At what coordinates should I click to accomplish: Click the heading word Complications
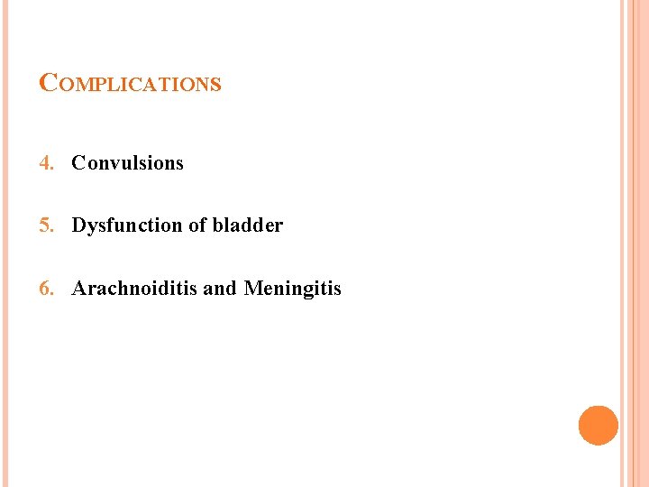[131, 84]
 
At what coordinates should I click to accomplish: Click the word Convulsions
[127, 163]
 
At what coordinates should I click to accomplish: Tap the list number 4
[45, 163]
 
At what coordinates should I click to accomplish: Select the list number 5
[45, 225]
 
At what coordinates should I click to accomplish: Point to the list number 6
[45, 289]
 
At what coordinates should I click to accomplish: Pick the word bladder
[247, 225]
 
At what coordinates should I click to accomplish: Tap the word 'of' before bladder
[197, 225]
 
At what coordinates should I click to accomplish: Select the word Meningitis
[293, 289]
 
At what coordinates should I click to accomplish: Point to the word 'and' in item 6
[220, 289]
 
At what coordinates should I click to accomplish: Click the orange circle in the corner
[599, 426]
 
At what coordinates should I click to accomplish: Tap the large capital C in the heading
[49, 83]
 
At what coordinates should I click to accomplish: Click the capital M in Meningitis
[252, 289]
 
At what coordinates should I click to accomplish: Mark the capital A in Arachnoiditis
[78, 289]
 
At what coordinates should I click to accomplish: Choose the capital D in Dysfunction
[78, 225]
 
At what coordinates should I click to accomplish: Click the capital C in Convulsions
[78, 163]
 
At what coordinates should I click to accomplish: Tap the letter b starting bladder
[217, 225]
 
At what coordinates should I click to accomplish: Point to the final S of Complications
[216, 85]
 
